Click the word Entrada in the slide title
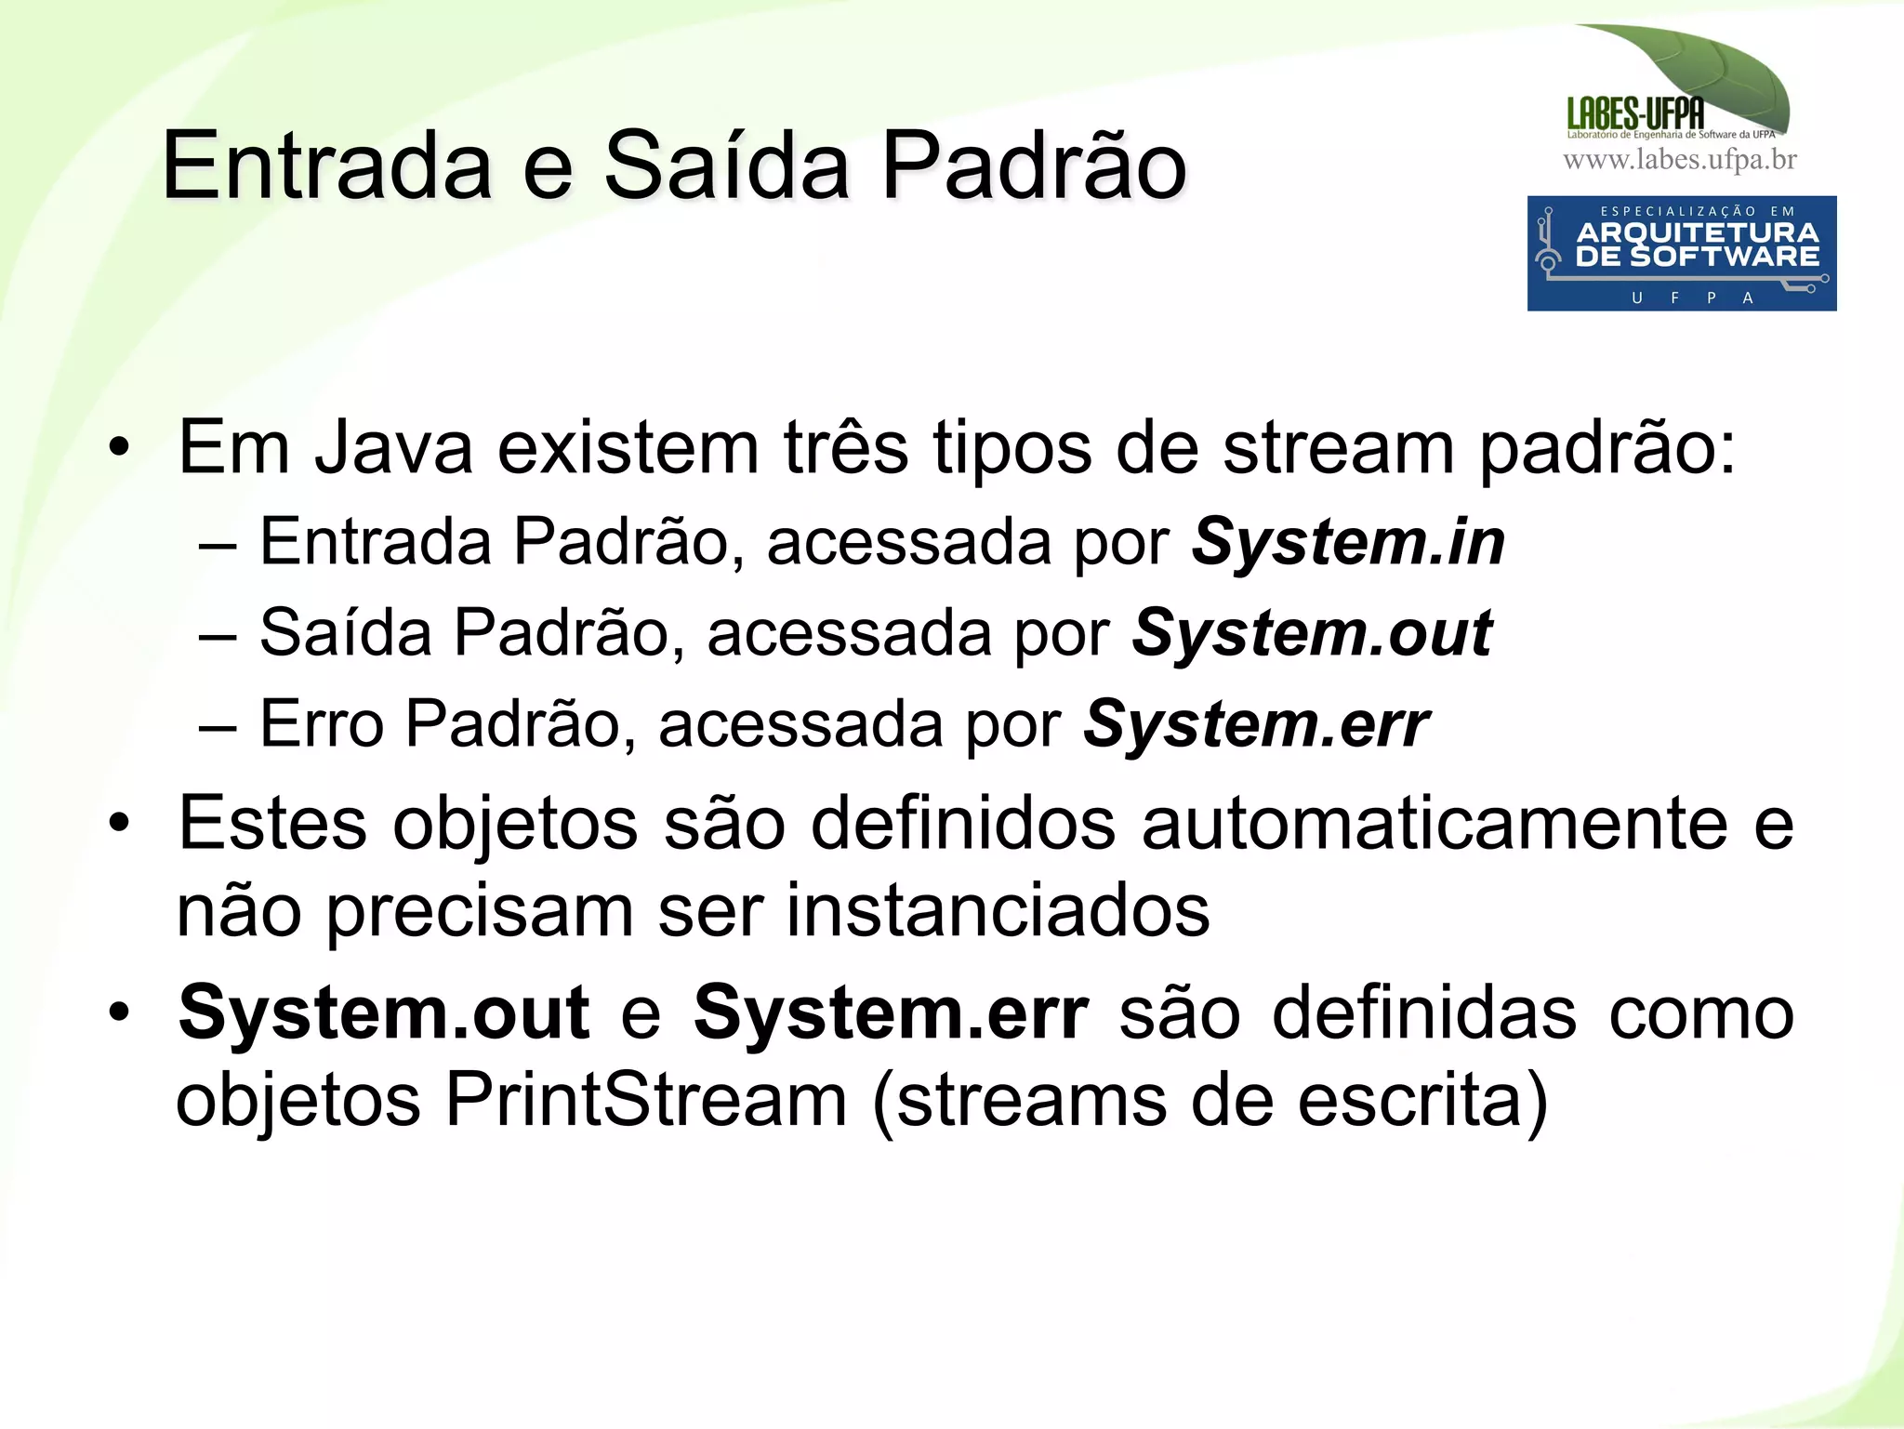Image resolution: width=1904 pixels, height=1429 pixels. pyautogui.click(x=326, y=166)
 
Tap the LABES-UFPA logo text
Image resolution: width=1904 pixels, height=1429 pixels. pyautogui.click(x=1635, y=114)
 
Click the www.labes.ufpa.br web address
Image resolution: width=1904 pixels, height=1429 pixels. pyautogui.click(x=1680, y=160)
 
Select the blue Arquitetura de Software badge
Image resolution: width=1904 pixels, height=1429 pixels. pyautogui.click(x=1681, y=253)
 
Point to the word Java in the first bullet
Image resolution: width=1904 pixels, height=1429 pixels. pyautogui.click(x=393, y=449)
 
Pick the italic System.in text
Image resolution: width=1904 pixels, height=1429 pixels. pyautogui.click(x=1348, y=542)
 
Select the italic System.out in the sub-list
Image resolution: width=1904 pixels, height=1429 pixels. pyautogui.click(x=1312, y=634)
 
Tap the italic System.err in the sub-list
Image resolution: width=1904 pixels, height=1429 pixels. pyautogui.click(x=1256, y=725)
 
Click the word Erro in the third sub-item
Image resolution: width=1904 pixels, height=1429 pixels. pyautogui.click(x=322, y=725)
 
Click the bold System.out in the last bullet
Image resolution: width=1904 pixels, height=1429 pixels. pyautogui.click(x=384, y=1013)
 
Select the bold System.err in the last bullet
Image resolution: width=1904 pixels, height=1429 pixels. pyautogui.click(x=891, y=1013)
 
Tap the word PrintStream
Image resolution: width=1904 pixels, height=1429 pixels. pyautogui.click(x=646, y=1101)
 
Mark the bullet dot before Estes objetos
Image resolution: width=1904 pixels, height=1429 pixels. pyautogui.click(x=119, y=824)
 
